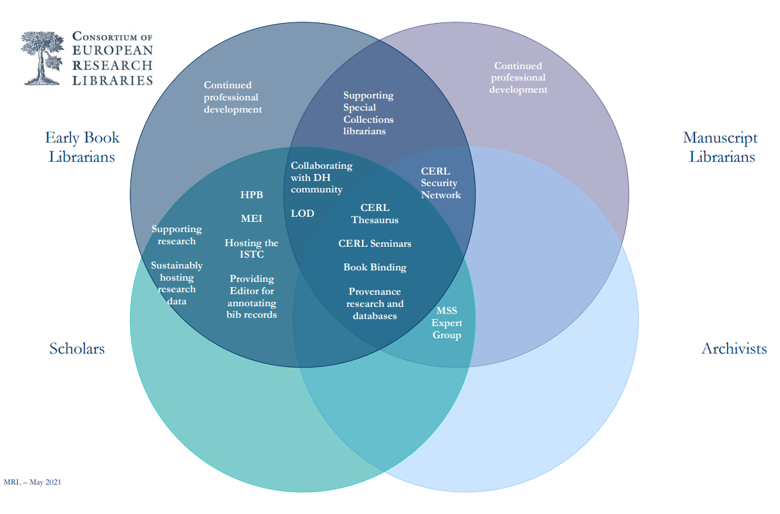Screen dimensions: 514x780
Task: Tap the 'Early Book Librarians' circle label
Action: tap(82, 147)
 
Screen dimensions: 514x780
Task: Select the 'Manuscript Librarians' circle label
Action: tap(721, 147)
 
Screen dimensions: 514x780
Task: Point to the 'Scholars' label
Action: tap(77, 348)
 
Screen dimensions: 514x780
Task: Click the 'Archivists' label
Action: tap(733, 348)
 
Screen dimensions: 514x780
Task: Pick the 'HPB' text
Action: tap(251, 195)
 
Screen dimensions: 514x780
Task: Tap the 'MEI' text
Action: tap(251, 219)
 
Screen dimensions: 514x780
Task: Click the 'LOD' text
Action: tap(302, 214)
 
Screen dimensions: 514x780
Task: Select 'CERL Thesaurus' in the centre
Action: tap(375, 214)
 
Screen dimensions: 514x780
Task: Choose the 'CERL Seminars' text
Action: tap(375, 244)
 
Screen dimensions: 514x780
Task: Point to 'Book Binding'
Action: tap(375, 267)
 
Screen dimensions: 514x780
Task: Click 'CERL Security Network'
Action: tap(441, 183)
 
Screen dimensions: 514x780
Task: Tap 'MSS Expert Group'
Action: tap(446, 323)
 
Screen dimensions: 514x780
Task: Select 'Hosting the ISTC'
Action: tap(251, 249)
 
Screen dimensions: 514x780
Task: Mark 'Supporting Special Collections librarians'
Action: tap(368, 113)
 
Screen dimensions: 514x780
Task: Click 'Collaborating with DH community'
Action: tap(321, 177)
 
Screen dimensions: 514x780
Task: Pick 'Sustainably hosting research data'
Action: tap(176, 283)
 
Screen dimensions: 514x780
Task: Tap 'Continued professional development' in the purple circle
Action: tap(518, 77)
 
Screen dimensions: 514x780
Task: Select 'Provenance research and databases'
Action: tap(375, 304)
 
